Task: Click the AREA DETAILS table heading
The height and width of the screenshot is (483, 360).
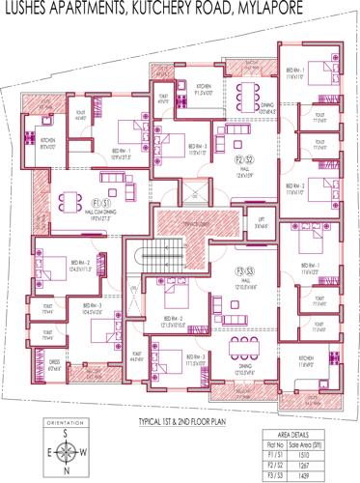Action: click(x=299, y=423)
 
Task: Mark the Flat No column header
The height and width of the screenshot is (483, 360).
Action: click(x=274, y=436)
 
